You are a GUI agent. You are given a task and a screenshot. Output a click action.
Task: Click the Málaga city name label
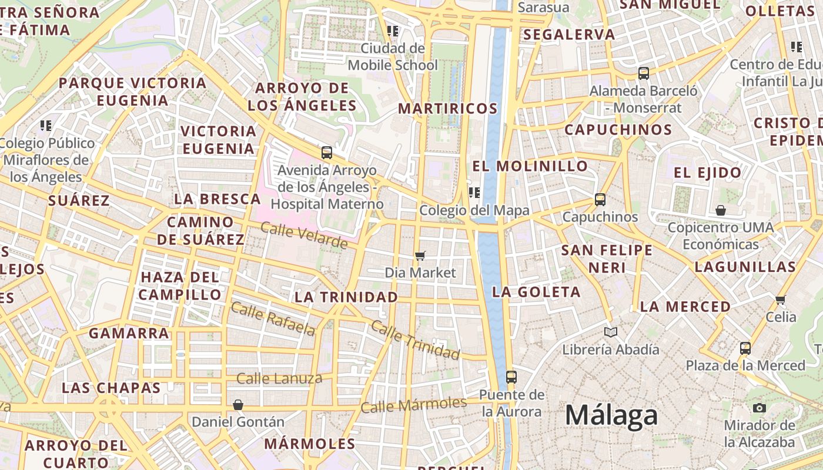point(611,415)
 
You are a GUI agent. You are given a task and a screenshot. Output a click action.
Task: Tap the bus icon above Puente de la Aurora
point(511,377)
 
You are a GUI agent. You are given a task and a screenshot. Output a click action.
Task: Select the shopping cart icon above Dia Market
point(420,256)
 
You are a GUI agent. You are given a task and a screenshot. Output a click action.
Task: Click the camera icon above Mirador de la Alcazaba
point(760,408)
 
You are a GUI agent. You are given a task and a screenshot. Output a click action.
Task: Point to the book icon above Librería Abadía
point(611,333)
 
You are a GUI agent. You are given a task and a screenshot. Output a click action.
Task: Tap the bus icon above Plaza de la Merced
point(745,348)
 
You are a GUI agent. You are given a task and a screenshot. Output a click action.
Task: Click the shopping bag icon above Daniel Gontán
point(238,405)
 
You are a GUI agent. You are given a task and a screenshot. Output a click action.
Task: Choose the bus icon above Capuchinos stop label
point(600,200)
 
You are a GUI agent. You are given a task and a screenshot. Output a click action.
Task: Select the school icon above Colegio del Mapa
point(474,192)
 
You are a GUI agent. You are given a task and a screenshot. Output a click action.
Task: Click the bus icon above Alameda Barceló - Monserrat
point(644,73)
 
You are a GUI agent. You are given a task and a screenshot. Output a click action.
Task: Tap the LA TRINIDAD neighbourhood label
point(346,297)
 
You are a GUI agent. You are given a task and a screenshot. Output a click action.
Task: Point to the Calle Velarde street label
point(304,235)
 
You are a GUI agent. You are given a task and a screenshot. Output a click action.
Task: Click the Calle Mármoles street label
point(414,405)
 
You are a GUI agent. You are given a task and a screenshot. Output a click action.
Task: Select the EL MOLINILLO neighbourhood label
point(530,166)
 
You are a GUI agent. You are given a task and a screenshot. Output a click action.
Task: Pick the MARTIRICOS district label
point(448,109)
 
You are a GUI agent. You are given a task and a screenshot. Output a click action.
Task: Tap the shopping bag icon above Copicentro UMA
point(721,210)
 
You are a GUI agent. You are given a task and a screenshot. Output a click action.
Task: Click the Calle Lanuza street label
point(279,378)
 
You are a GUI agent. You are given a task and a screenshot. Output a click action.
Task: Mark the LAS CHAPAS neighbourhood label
point(111,388)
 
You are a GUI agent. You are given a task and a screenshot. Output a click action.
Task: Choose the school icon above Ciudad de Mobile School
point(393,31)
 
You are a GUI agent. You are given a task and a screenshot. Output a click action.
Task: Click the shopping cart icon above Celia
point(781,300)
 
